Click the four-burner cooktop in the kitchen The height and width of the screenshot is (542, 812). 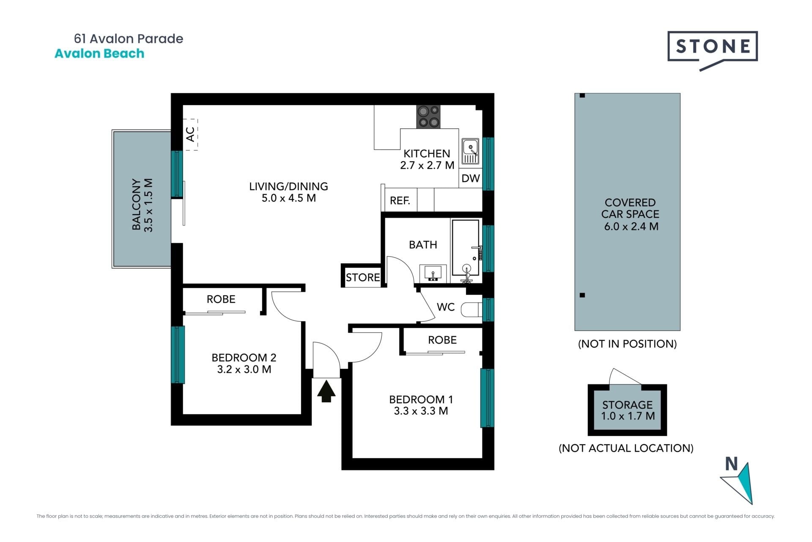[428, 117]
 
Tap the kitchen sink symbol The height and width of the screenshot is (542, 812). [470, 151]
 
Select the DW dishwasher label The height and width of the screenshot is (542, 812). [471, 178]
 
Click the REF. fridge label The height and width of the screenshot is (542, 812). [400, 201]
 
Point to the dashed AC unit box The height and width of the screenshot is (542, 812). [191, 134]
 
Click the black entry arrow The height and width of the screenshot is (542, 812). [326, 391]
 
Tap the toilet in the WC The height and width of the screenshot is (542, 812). [471, 310]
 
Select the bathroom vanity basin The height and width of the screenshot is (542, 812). [433, 273]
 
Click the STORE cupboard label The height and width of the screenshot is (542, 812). [363, 277]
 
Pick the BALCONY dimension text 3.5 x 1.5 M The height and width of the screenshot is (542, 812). [148, 205]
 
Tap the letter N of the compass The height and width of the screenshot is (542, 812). [731, 464]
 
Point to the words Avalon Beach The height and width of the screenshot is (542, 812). [99, 53]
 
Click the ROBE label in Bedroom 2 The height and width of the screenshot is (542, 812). [221, 299]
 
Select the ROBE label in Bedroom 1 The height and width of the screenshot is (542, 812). [442, 340]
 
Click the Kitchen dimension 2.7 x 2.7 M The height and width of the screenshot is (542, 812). [427, 166]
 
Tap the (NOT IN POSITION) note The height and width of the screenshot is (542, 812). [627, 344]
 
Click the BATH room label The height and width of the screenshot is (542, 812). [423, 245]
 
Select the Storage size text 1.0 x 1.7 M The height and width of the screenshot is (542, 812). [628, 416]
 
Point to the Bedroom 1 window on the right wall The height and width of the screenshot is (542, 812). [487, 398]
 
